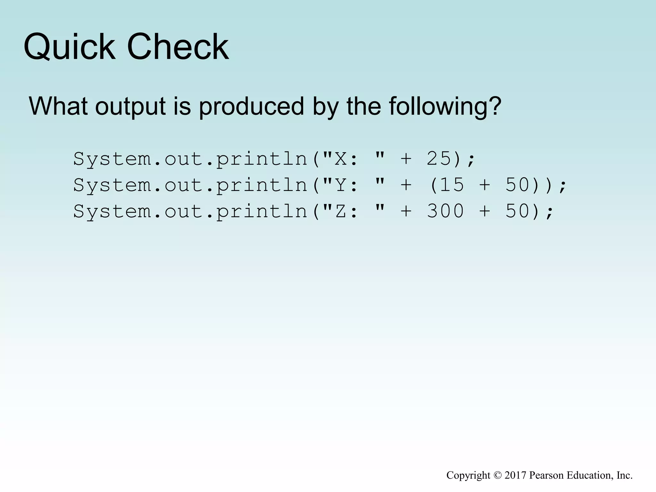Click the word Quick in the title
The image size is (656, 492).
click(69, 47)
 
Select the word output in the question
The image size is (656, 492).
click(130, 107)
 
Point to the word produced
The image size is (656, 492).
click(251, 107)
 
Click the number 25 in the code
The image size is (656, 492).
click(439, 159)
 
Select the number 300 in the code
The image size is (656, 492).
click(445, 211)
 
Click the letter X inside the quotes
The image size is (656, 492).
click(341, 159)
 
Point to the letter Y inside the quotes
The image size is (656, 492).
click(341, 185)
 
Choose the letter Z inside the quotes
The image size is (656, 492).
click(341, 211)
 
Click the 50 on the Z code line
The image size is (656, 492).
click(517, 211)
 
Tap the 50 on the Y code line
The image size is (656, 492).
click(517, 185)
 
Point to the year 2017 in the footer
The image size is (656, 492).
click(515, 475)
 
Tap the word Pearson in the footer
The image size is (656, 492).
click(547, 475)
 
